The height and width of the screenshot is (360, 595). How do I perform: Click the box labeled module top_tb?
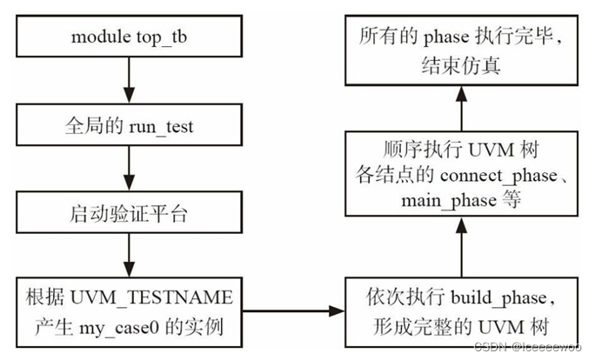(x=129, y=38)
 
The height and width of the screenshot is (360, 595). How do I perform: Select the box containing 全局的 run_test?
(x=129, y=126)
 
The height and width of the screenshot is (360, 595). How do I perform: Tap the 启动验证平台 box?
(x=129, y=214)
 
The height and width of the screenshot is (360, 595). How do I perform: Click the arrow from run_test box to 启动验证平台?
(x=129, y=170)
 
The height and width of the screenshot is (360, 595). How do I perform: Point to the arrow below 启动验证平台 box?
(x=129, y=254)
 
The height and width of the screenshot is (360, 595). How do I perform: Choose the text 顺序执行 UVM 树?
(x=461, y=151)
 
